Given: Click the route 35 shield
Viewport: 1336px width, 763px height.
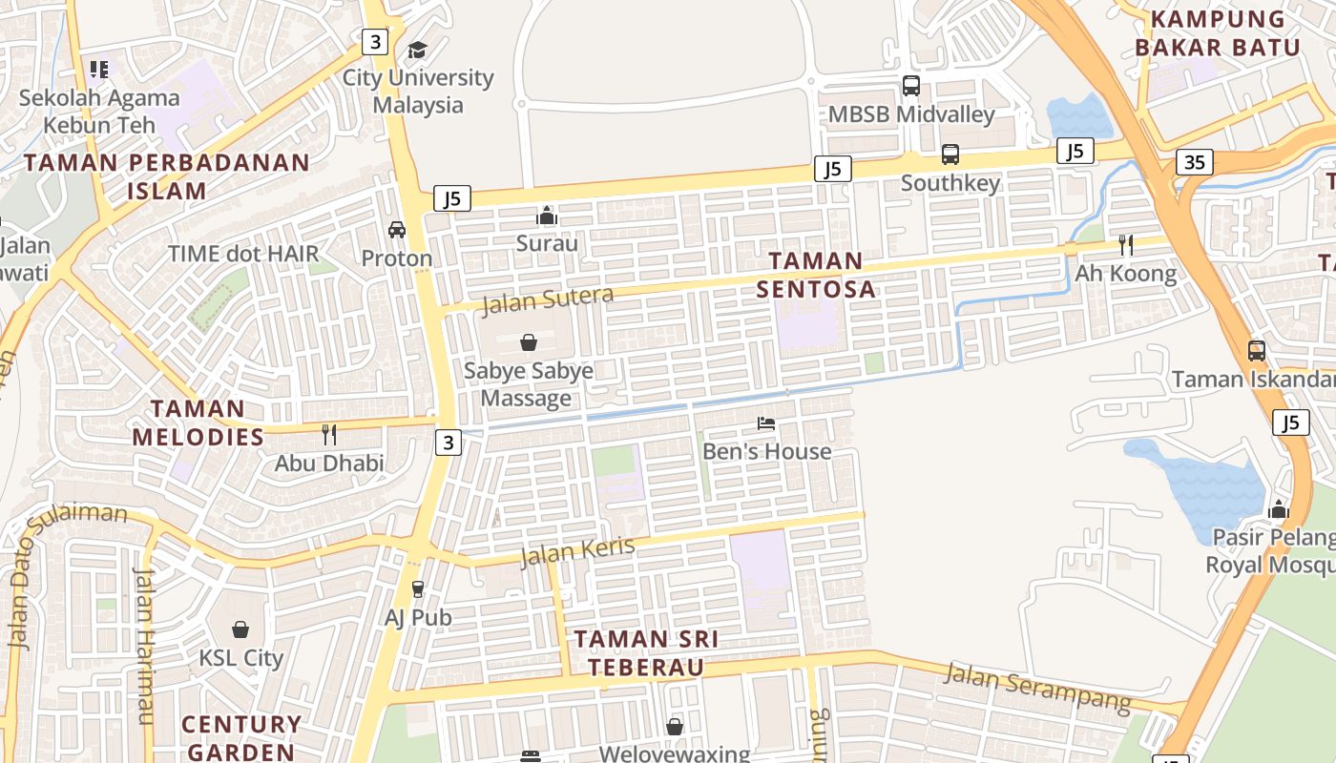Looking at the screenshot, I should click(1194, 162).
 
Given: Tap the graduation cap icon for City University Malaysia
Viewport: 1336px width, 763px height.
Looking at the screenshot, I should click(417, 50).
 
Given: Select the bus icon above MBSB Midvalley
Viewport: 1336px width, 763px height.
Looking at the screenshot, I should click(911, 86).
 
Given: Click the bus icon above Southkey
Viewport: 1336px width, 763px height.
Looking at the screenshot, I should click(950, 155).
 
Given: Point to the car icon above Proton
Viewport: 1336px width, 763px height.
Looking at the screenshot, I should click(397, 230).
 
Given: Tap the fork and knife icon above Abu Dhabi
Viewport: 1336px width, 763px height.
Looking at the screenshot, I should click(329, 435).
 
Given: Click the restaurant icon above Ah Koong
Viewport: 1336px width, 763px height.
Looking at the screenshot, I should click(1126, 245).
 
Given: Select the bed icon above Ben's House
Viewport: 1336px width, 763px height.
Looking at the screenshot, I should click(766, 423).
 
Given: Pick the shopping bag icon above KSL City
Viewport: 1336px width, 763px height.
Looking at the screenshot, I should click(240, 629).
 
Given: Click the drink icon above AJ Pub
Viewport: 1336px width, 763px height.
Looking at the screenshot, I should click(417, 589).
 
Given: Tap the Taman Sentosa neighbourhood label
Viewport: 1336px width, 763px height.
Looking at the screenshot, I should click(816, 275).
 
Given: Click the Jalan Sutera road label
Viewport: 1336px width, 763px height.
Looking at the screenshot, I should click(547, 299).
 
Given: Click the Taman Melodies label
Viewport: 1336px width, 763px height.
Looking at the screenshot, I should click(198, 423).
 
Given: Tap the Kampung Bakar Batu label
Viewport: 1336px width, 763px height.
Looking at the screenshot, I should click(1217, 33).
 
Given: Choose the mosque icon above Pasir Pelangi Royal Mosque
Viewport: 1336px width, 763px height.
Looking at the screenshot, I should click(1279, 509).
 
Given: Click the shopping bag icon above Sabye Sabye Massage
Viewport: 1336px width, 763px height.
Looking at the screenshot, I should click(528, 342).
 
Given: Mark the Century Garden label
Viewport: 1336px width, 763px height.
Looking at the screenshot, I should click(241, 737).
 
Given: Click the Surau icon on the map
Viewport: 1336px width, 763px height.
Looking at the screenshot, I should click(547, 216).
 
